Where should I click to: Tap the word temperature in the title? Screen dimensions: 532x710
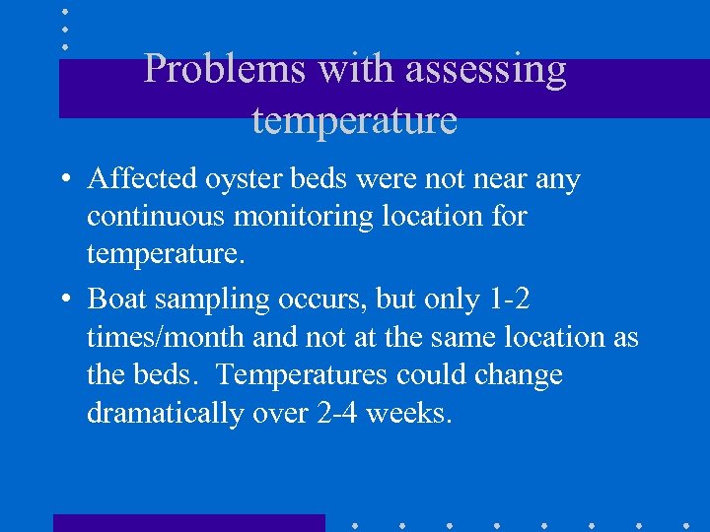[354, 120]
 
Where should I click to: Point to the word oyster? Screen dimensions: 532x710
[240, 179]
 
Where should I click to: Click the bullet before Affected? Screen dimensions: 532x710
[64, 180]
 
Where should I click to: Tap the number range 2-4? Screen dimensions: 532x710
[338, 414]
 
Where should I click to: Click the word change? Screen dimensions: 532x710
[517, 374]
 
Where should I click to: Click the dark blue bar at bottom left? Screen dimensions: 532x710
[188, 522]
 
